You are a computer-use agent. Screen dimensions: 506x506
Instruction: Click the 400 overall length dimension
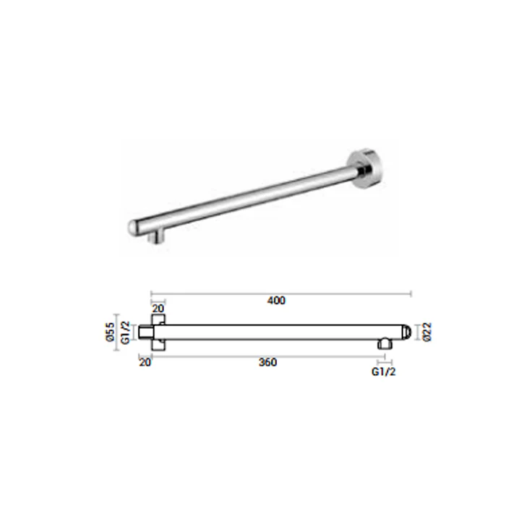click(276, 301)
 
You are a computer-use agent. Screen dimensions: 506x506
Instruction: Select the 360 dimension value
click(268, 362)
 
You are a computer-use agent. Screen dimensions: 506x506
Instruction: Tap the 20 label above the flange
click(158, 309)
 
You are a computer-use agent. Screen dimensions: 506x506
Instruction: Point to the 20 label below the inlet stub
click(145, 362)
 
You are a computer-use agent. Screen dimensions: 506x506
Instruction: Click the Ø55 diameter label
click(111, 332)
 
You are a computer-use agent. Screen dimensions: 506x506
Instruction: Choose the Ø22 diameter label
click(427, 332)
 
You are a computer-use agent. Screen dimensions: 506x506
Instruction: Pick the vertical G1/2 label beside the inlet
click(125, 333)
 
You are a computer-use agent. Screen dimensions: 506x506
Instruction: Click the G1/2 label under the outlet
click(383, 372)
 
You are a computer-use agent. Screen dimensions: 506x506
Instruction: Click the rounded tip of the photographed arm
click(133, 228)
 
